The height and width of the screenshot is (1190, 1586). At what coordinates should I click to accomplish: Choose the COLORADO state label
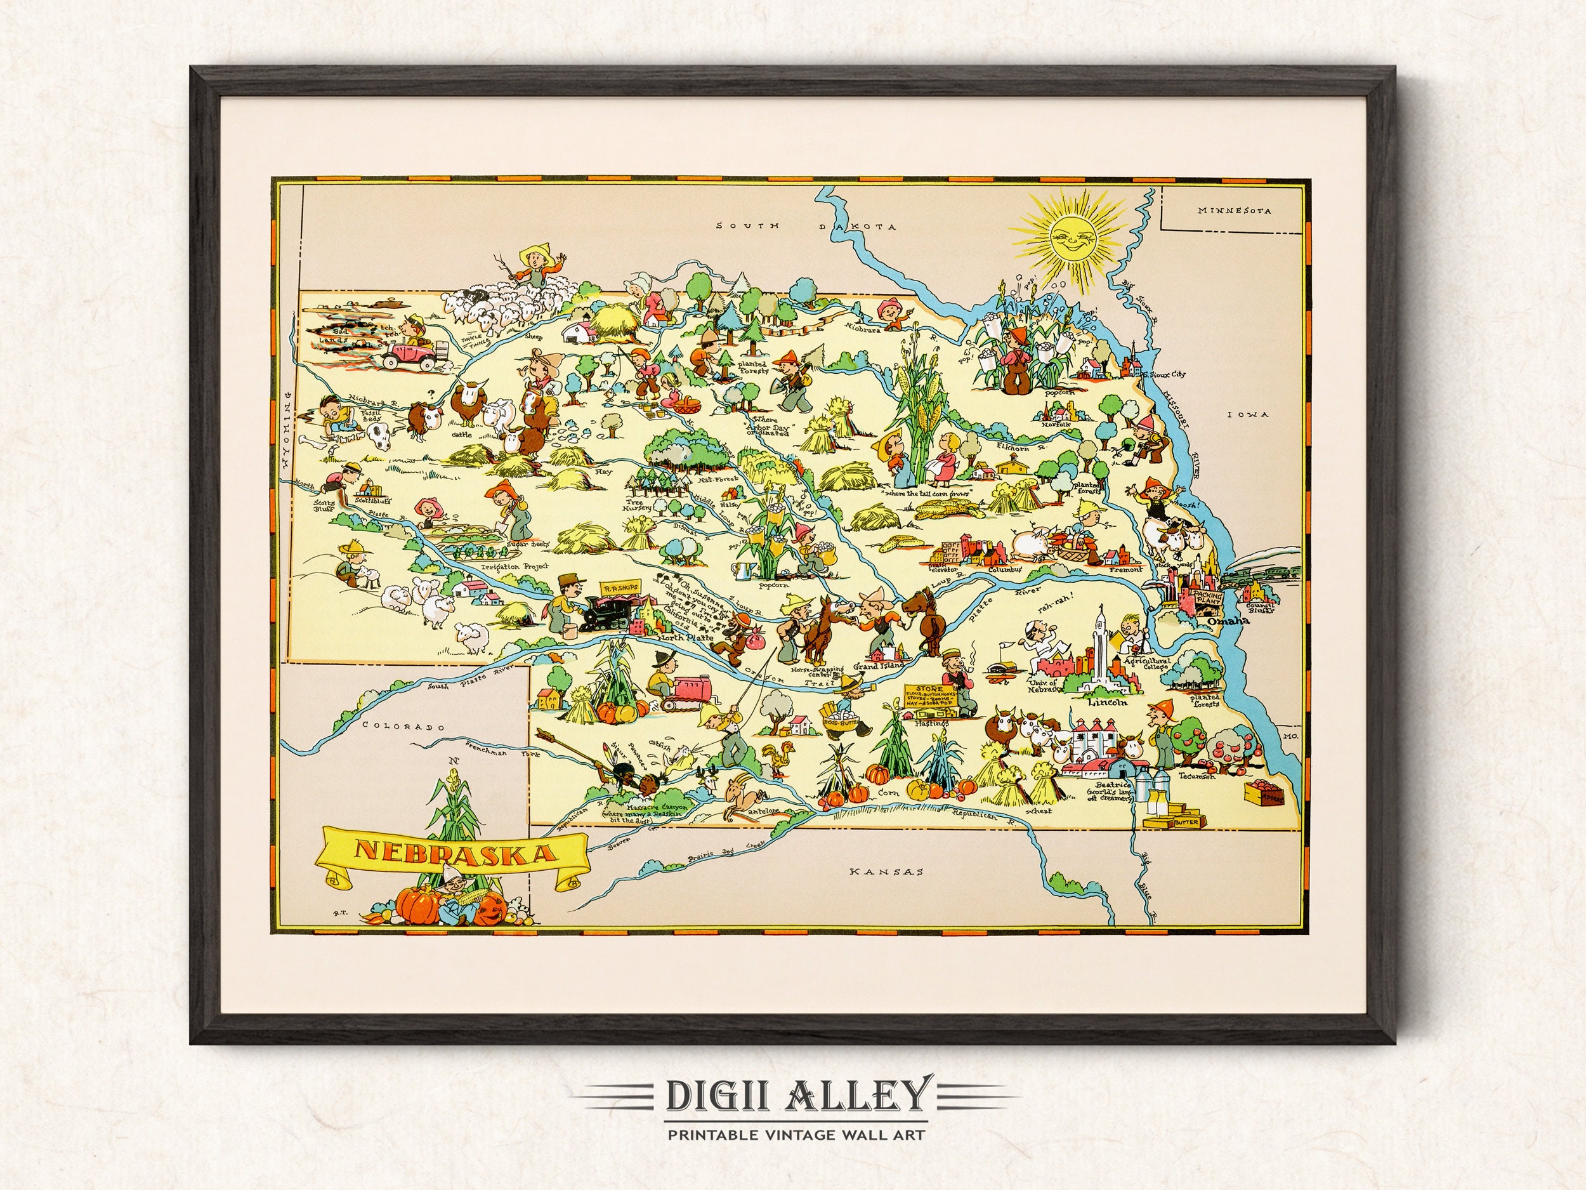click(398, 727)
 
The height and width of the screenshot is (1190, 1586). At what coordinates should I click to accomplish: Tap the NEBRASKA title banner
click(448, 852)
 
